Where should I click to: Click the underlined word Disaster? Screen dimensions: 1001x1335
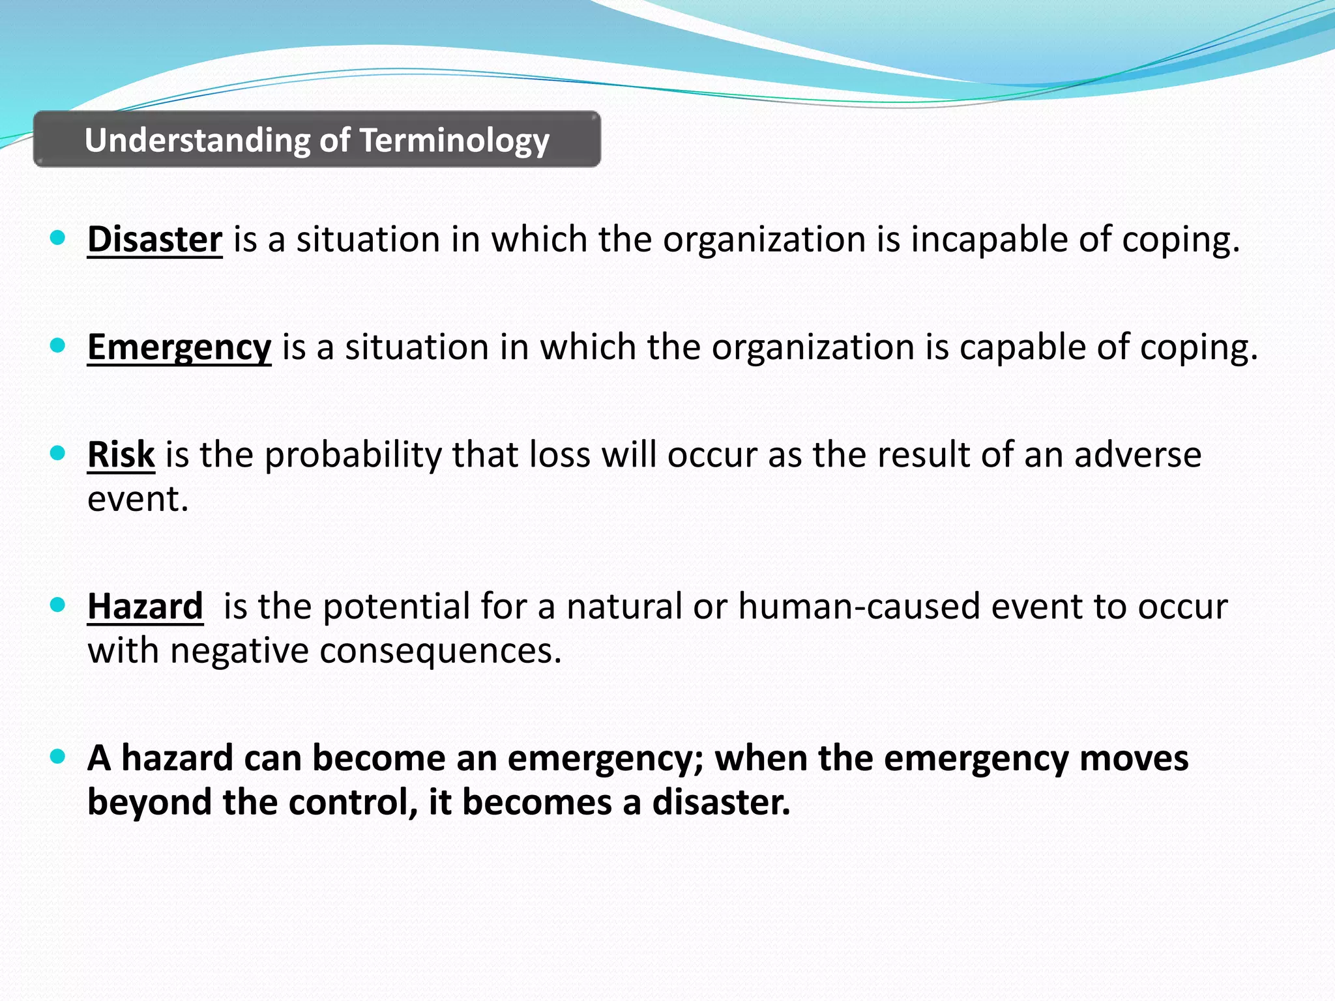coord(154,240)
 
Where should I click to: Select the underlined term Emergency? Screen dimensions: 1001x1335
coord(179,347)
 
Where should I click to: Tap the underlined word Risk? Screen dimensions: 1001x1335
coord(121,454)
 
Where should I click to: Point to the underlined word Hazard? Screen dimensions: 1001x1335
coord(145,607)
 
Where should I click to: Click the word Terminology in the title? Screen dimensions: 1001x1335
coord(454,141)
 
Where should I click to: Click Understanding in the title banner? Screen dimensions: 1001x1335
coord(198,141)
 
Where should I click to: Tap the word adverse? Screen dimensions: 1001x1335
coord(1137,454)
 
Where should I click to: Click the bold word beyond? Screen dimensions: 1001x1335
coord(149,802)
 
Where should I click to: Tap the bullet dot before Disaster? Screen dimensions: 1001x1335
coord(58,239)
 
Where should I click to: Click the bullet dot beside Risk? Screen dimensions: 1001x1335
coord(58,453)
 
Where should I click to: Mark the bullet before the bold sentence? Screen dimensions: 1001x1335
coord(58,757)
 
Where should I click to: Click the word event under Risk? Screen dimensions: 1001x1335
coord(138,500)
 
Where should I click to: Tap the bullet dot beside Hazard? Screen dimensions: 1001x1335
coord(58,605)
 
